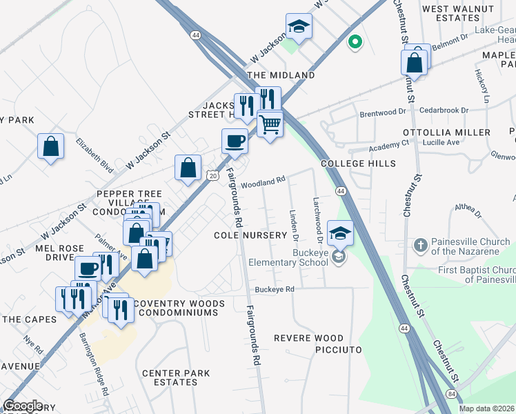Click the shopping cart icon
[x=270, y=125]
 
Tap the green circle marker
[x=355, y=43]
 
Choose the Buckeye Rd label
[x=275, y=289]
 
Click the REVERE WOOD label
[x=308, y=338]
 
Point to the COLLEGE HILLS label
[x=359, y=164]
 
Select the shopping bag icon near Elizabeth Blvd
[x=50, y=146]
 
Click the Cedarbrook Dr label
[x=444, y=110]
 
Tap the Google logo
[x=23, y=406]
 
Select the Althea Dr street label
[x=466, y=208]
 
